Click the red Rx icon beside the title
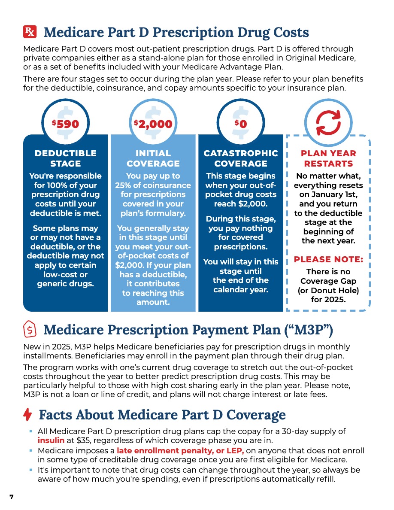[x=30, y=32]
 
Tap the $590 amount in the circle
[x=66, y=124]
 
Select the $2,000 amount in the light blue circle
[x=153, y=124]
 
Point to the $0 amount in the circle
[x=241, y=124]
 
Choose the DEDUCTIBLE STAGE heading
[x=66, y=158]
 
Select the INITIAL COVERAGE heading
[x=153, y=158]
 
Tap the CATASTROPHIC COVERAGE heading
[x=241, y=158]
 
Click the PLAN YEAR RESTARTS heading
[x=328, y=158]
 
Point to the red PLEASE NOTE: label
[x=328, y=259]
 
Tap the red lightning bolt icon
[x=27, y=415]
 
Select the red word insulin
[x=51, y=440]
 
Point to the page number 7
[x=12, y=497]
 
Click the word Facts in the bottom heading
[x=55, y=415]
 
